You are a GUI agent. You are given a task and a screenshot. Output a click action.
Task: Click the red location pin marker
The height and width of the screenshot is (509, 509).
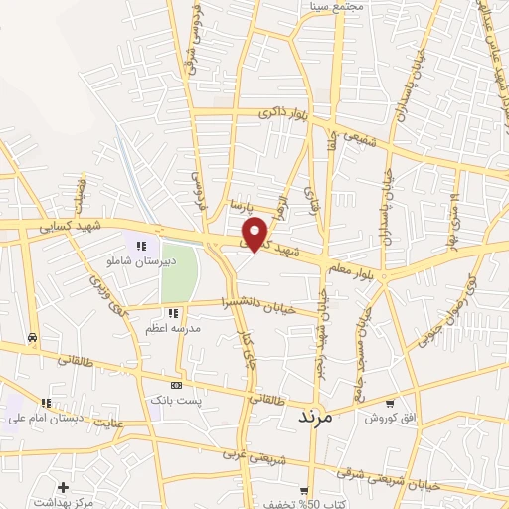click(255, 233)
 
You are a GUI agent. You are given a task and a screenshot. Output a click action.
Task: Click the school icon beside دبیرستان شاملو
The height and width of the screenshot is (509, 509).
click(141, 245)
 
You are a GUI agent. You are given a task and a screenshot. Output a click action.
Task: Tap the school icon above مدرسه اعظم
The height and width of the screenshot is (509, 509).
click(174, 313)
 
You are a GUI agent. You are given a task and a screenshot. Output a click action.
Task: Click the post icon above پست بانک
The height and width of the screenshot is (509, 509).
click(176, 385)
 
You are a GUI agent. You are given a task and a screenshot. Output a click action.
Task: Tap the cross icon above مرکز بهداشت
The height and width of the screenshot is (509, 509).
click(63, 487)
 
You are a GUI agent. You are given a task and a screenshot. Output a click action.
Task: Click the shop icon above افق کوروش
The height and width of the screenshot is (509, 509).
click(391, 404)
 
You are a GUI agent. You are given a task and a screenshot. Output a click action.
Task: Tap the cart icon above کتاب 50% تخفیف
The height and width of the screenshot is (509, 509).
click(303, 490)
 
